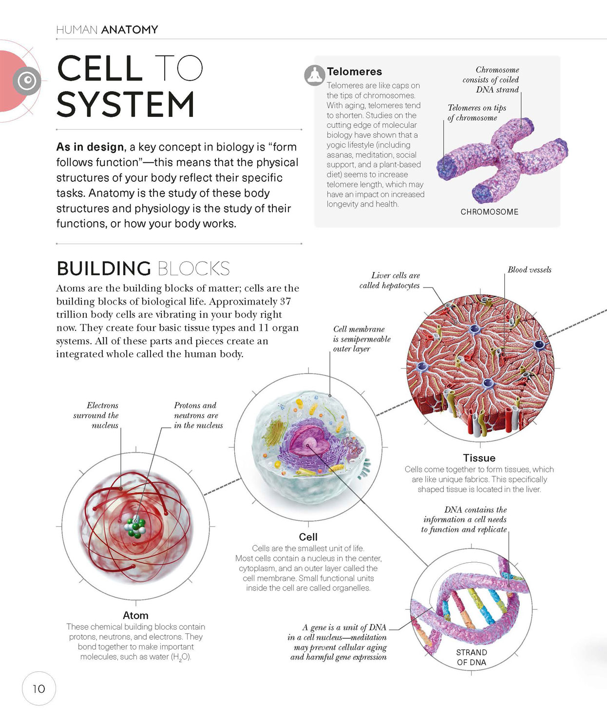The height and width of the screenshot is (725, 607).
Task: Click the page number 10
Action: coord(39,689)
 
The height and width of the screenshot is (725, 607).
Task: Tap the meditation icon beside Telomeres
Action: coord(315,76)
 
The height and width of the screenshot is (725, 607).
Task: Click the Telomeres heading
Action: coord(354,72)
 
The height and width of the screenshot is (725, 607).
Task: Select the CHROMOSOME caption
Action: coord(489,212)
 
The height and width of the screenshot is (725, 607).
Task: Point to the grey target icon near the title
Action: coord(27,80)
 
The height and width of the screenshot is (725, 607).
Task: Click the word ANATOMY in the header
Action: coord(130,30)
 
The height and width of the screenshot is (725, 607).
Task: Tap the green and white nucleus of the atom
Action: coord(135,527)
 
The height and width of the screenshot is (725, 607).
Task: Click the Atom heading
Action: coord(135,615)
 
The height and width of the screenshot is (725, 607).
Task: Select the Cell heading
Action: coord(308,537)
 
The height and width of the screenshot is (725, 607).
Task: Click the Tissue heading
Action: coord(479,458)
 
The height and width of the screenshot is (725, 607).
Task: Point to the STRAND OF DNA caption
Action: coord(472,657)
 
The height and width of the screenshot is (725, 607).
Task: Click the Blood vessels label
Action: coord(530,270)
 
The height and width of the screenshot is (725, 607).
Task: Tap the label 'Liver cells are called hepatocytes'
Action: coord(390,281)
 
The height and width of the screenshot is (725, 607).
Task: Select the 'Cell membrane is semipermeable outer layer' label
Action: coord(362,339)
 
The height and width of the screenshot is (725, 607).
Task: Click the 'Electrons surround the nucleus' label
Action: coord(96,415)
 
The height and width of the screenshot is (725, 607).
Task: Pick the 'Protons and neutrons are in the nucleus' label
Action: coord(198,415)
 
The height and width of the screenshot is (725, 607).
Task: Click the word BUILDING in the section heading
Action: coord(104,268)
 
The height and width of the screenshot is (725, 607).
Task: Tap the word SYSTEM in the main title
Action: coord(125,104)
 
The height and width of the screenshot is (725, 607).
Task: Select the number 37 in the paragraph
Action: coord(285,302)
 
